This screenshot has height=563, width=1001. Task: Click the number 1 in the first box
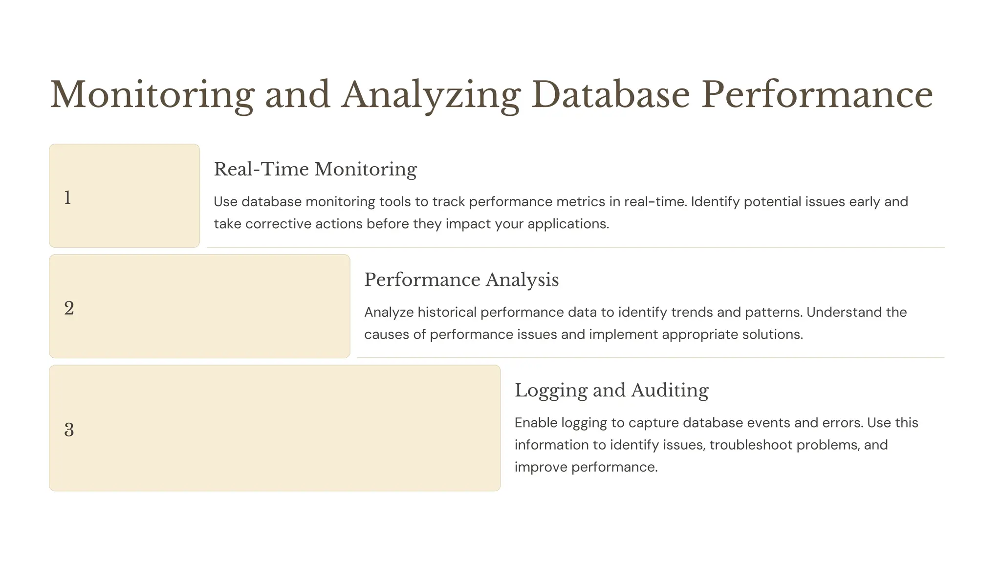click(68, 197)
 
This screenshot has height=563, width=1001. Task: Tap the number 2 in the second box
click(69, 308)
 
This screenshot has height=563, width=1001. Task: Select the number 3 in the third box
click(69, 430)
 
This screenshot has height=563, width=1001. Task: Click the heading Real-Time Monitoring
click(315, 169)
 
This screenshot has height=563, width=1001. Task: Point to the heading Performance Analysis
click(461, 280)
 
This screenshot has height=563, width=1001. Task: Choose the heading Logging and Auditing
click(611, 390)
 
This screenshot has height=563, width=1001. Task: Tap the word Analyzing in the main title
click(431, 94)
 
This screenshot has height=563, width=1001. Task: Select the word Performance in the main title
click(817, 94)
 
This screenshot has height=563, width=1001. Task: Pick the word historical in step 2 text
click(447, 312)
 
